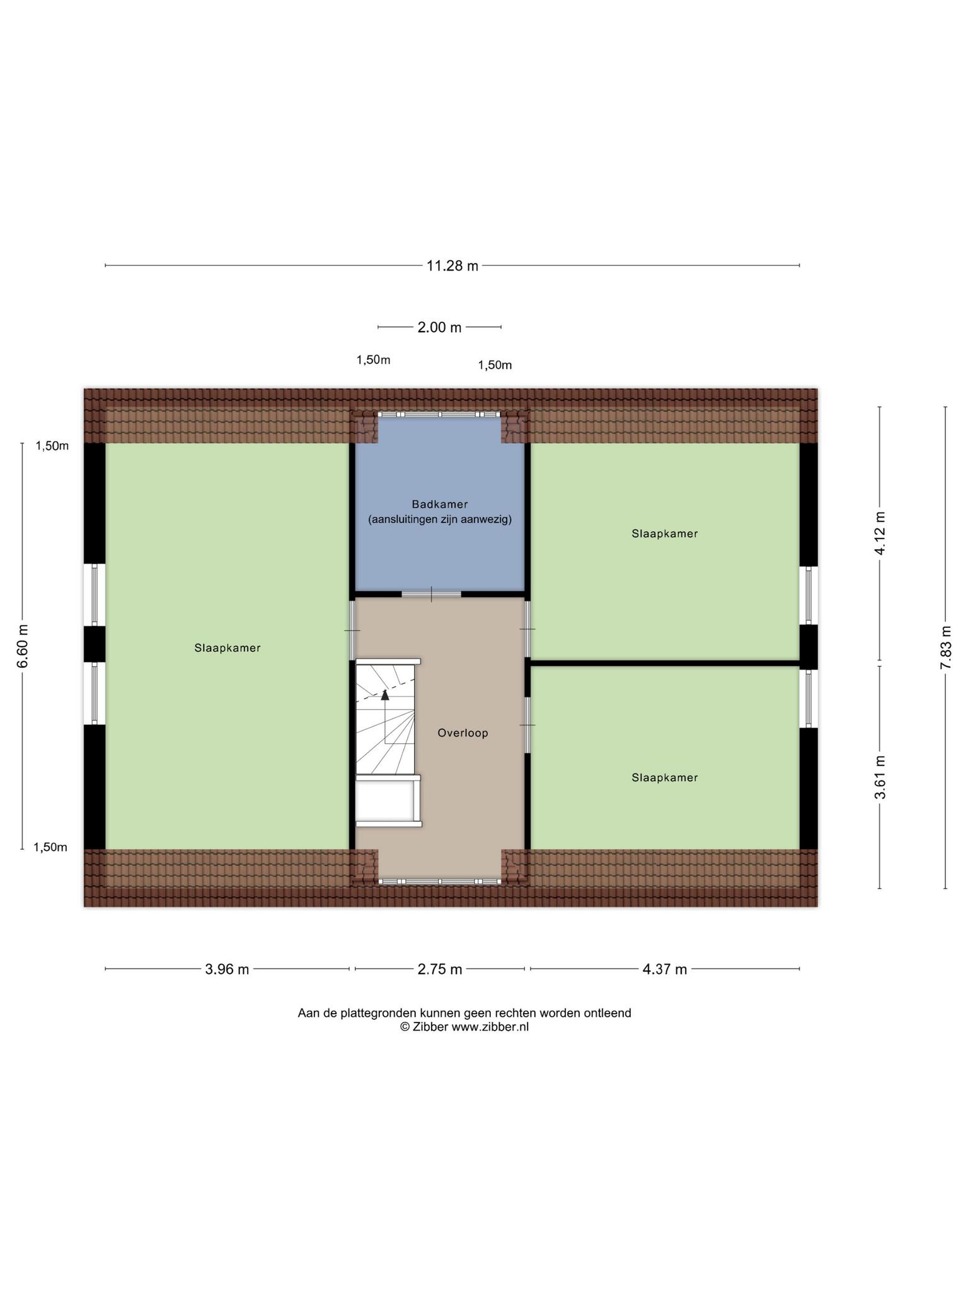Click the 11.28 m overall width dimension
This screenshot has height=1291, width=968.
pos(452,265)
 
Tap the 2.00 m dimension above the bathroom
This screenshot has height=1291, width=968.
pos(439,327)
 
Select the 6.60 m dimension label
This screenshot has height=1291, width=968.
pos(23,646)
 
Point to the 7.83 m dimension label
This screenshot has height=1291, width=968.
pos(945,647)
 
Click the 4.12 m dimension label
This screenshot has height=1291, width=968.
pos(880,533)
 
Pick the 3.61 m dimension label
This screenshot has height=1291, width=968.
pos(880,777)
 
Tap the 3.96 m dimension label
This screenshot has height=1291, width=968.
pos(227,969)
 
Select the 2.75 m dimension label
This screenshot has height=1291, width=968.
pos(440,969)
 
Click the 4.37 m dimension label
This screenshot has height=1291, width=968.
pos(665,969)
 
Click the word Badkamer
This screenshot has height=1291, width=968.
pos(440,504)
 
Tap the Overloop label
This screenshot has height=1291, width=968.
pos(463,733)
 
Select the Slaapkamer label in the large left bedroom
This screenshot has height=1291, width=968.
pos(228,647)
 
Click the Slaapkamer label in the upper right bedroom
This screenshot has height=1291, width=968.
pos(665,533)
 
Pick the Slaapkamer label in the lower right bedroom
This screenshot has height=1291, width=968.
pos(665,777)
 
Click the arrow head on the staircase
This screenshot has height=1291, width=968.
pos(385,695)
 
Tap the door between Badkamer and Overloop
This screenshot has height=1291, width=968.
pos(432,594)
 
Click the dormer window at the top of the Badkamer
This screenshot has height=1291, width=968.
pos(439,414)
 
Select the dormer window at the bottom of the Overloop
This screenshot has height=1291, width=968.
pos(439,881)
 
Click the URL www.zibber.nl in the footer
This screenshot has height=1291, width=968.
pos(490,1026)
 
